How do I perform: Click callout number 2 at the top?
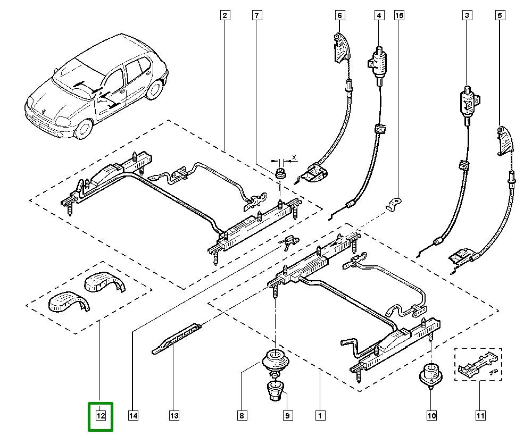pyautogui.click(x=225, y=16)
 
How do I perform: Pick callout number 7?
pyautogui.click(x=257, y=16)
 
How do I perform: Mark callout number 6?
pyautogui.click(x=340, y=16)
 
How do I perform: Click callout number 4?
pyautogui.click(x=379, y=16)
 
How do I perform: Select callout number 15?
pyautogui.click(x=398, y=16)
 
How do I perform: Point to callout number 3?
pyautogui.click(x=467, y=16)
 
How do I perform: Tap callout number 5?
pyautogui.click(x=500, y=16)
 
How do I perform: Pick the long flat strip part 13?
pyautogui.click(x=176, y=338)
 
